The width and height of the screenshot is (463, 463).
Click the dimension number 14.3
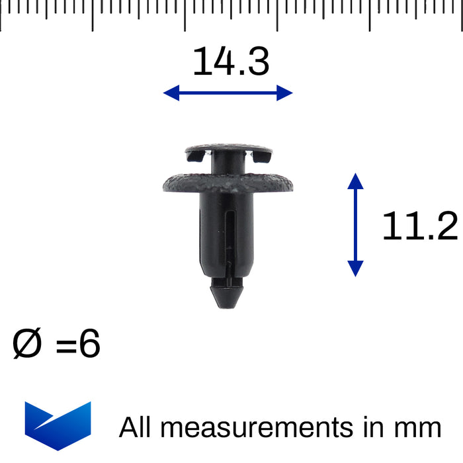(x=231, y=61)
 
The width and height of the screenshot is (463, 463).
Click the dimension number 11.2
(x=420, y=226)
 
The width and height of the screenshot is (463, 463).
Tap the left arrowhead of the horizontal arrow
(x=171, y=93)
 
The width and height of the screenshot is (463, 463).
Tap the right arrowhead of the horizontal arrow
(x=284, y=93)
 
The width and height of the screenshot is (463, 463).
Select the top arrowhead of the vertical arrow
(x=355, y=181)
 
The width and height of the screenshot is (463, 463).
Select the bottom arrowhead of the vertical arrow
(x=355, y=269)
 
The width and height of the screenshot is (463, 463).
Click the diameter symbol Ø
(x=27, y=343)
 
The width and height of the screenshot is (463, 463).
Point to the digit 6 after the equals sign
(x=90, y=343)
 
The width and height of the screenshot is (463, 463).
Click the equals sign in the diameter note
(x=66, y=346)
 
